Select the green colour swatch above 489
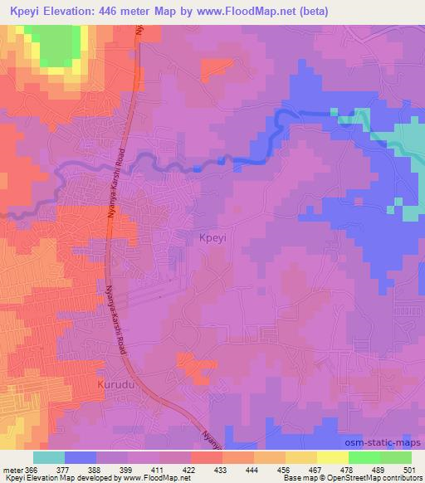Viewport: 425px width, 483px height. [396, 457]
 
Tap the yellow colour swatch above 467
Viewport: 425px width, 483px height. [300, 457]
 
